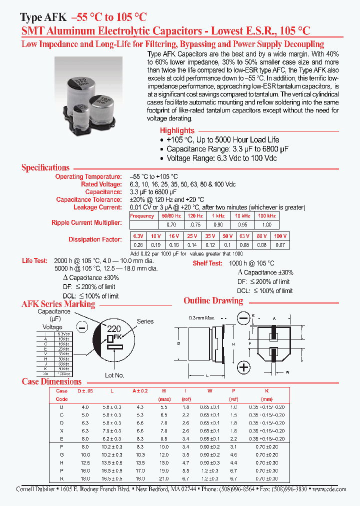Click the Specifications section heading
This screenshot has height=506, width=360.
(x=45, y=167)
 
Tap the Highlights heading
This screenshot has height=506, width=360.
(x=177, y=130)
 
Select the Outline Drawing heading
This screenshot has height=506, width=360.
(x=213, y=300)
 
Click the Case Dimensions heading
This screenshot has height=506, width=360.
(x=51, y=381)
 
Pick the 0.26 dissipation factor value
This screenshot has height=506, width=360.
(x=137, y=245)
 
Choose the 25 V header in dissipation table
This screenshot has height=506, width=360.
(x=191, y=235)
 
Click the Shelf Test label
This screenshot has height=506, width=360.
(x=207, y=263)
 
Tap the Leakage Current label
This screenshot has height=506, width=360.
(x=97, y=207)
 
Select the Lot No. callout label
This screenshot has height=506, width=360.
(x=115, y=375)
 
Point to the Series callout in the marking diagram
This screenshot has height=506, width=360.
(x=145, y=321)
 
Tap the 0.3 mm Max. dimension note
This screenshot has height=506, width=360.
(x=203, y=318)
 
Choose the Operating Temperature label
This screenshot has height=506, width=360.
(x=88, y=177)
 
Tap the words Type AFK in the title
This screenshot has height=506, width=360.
(x=43, y=17)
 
